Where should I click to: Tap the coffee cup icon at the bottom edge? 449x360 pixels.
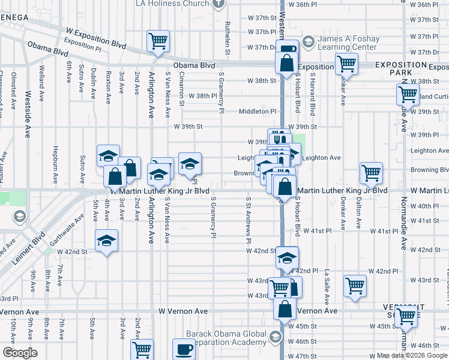(x=184, y=349)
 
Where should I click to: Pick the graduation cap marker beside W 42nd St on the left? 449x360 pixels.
(x=107, y=241)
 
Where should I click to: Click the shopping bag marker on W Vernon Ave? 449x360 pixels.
(x=286, y=310)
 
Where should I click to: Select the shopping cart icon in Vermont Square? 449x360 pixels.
(x=407, y=315)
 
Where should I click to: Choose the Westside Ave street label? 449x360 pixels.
(x=27, y=114)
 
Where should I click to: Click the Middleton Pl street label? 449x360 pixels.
(x=257, y=112)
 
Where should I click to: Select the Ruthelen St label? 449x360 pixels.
(x=228, y=38)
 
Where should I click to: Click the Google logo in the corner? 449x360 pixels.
(x=20, y=353)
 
